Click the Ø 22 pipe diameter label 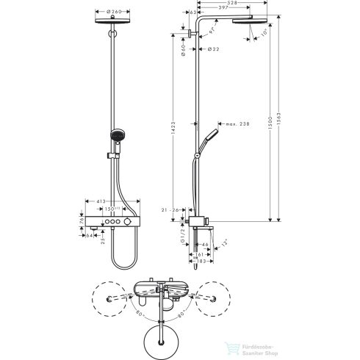213,49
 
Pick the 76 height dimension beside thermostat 80,220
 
